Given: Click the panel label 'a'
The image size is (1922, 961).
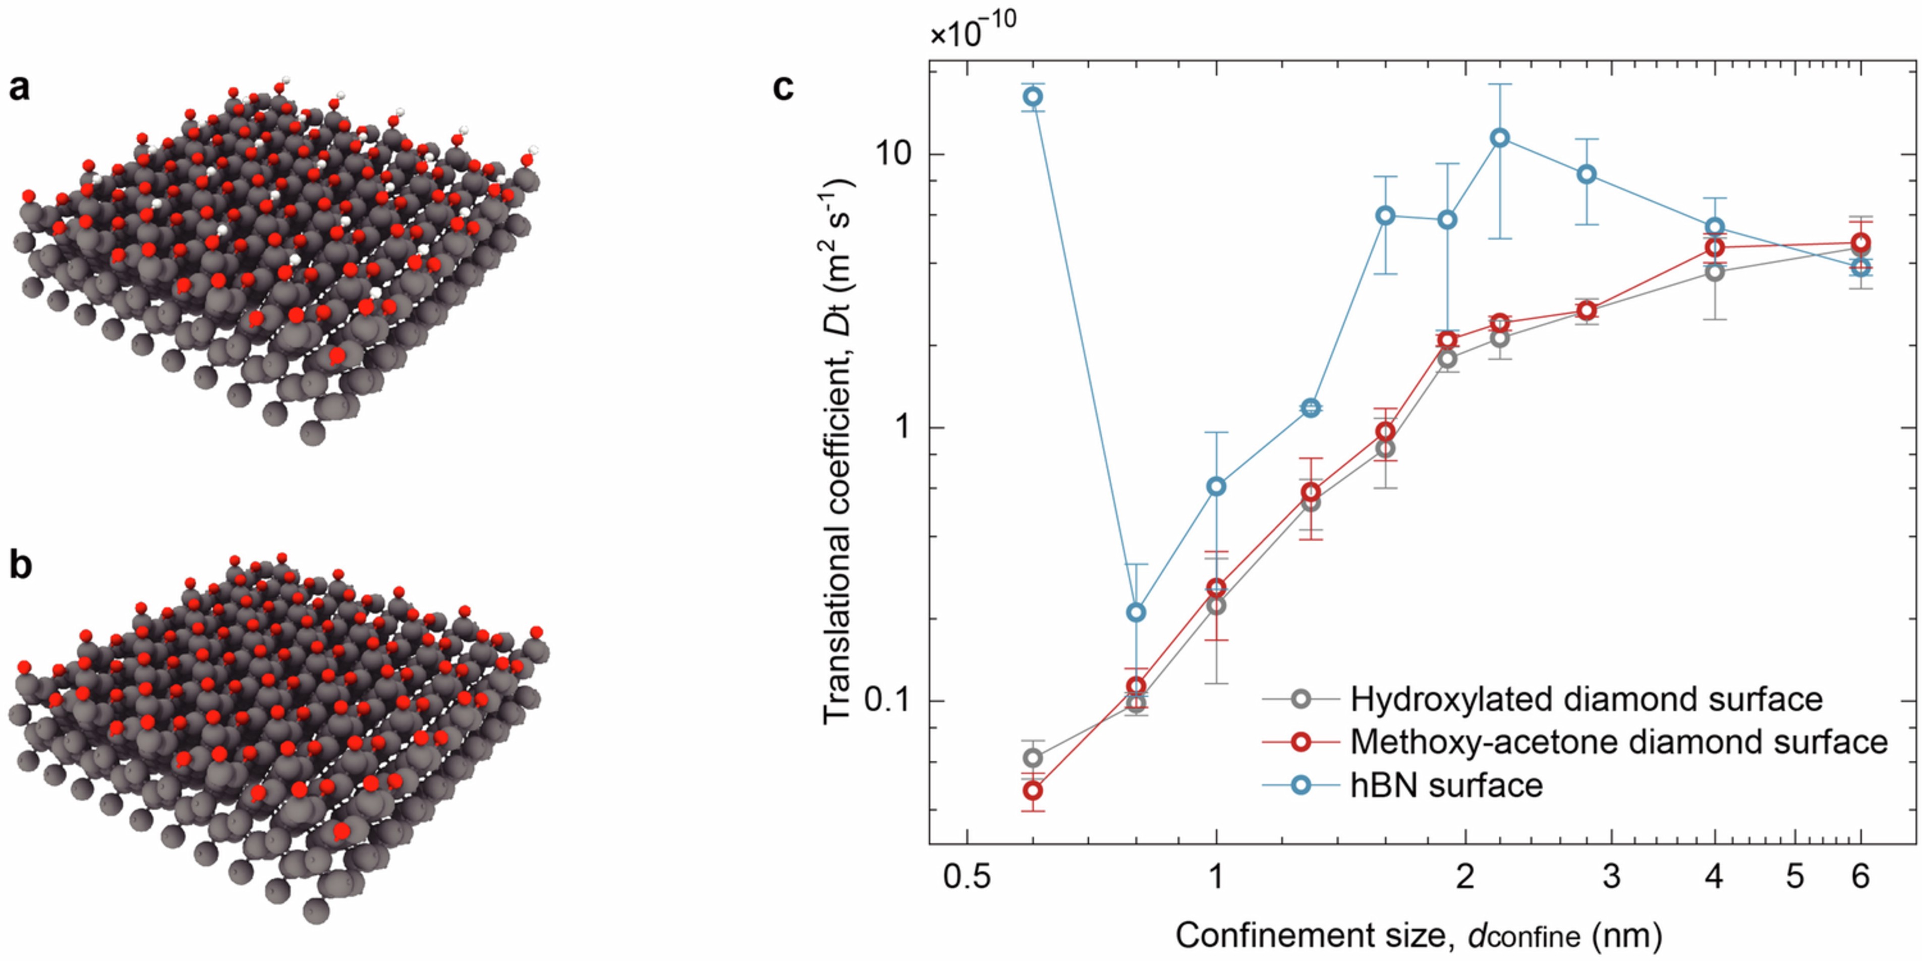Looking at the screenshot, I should click(19, 88).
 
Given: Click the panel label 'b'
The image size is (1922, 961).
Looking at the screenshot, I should click(20, 566).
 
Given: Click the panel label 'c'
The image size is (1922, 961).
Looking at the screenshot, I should click(783, 88).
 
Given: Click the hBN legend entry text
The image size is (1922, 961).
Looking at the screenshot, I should click(1446, 785).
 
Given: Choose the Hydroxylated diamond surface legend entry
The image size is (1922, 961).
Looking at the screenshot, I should click(1586, 699).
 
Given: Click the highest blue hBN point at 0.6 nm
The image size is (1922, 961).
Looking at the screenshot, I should click(1033, 96).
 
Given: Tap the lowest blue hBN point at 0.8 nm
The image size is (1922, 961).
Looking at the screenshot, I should click(1136, 612).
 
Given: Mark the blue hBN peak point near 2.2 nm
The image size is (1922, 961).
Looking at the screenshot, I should click(1500, 138).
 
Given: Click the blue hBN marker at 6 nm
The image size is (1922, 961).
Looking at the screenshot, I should click(1861, 267).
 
